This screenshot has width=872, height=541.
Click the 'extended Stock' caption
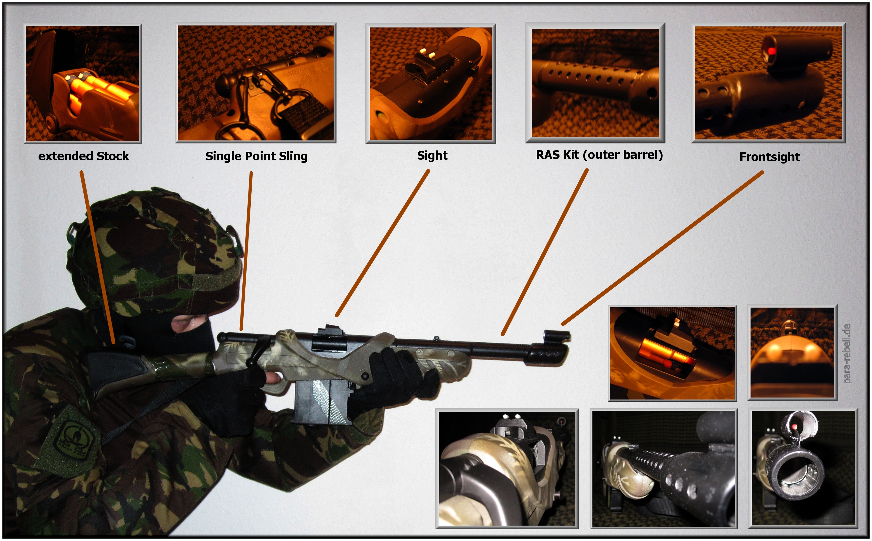click(x=83, y=156)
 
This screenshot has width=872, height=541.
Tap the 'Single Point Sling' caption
click(x=256, y=156)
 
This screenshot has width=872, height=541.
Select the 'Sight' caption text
click(x=432, y=156)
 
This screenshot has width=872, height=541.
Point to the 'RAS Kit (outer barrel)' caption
click(x=599, y=155)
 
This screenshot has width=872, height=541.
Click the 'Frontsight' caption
click(x=770, y=157)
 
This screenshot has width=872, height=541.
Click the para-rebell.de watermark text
click(x=847, y=353)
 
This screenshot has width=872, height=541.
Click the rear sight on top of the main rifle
click(x=329, y=338)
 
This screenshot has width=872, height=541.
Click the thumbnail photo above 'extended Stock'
click(x=83, y=83)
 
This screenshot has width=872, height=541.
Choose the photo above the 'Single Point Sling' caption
click(x=256, y=83)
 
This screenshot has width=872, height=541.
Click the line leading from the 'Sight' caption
click(x=382, y=243)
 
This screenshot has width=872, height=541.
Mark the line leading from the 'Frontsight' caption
click(x=662, y=248)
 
